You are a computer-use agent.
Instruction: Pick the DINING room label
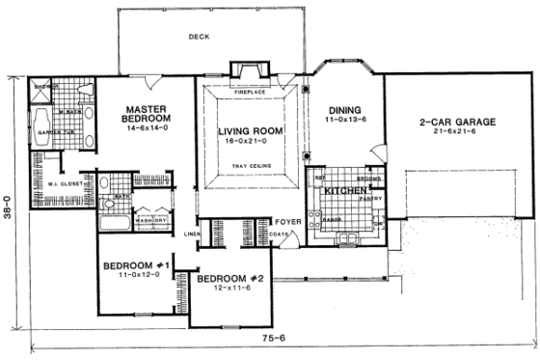pyautogui.click(x=343, y=110)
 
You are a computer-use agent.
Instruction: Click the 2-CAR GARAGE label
pyautogui.click(x=457, y=122)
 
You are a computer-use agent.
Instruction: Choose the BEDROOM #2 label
pyautogui.click(x=230, y=279)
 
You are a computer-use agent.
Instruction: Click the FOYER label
pyautogui.click(x=290, y=221)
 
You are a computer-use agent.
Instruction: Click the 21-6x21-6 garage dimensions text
pyautogui.click(x=457, y=133)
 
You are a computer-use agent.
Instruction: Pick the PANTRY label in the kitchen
pyautogui.click(x=372, y=198)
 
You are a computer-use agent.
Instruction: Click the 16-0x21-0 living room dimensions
pyautogui.click(x=248, y=141)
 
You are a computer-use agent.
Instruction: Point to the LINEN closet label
pyautogui.click(x=192, y=234)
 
